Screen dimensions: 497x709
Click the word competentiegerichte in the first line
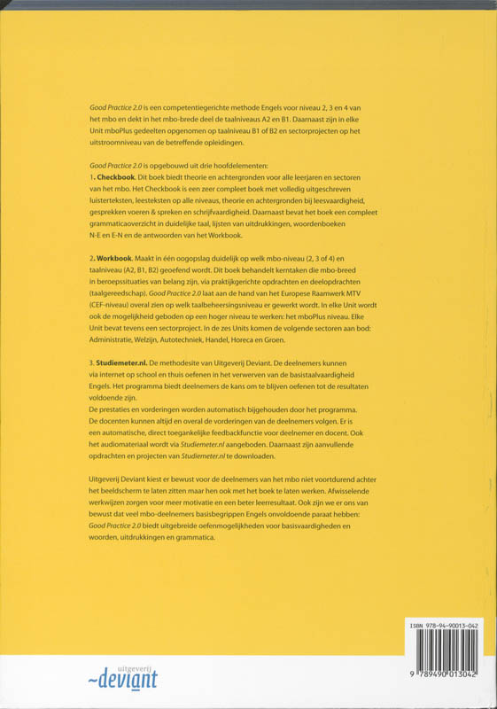188,107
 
